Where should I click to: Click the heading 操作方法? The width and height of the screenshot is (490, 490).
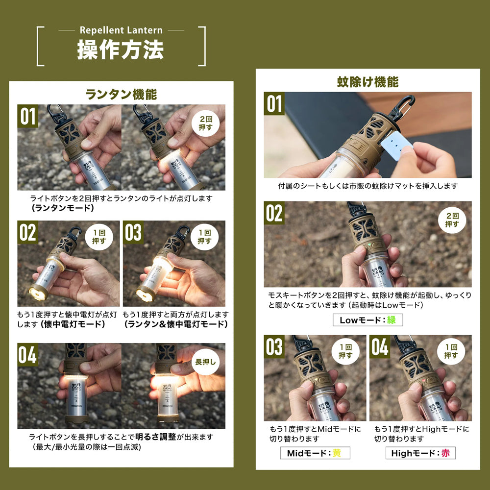pos(121,49)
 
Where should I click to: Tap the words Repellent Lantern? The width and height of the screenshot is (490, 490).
pos(121,30)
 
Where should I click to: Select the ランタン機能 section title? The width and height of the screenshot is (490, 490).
pos(121,95)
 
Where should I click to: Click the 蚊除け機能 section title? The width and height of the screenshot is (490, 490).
pos(368,82)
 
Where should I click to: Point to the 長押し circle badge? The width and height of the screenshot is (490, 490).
pos(205,362)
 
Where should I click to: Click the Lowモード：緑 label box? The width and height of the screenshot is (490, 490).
pos(368,320)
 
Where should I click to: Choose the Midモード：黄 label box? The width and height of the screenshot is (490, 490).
pos(315,453)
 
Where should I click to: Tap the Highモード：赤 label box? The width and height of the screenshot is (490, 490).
pos(420,453)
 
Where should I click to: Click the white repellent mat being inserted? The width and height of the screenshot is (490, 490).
pos(396,145)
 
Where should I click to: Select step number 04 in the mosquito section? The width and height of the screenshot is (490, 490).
pos(380,346)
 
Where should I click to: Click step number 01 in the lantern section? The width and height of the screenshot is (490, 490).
pos(27,116)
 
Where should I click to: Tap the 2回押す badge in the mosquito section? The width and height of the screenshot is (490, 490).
pos(452,220)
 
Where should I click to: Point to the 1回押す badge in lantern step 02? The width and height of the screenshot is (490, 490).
pos(99,237)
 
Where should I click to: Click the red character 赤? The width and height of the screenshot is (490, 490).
pos(445,453)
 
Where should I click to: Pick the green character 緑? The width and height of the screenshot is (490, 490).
pos(392,320)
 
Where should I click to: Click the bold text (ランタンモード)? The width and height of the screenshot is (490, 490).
pos(63,208)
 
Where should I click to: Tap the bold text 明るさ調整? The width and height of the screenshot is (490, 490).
pos(156,437)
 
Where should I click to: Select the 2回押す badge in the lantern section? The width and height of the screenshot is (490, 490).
pos(205,123)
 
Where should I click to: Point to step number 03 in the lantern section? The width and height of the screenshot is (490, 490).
pos(133,232)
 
